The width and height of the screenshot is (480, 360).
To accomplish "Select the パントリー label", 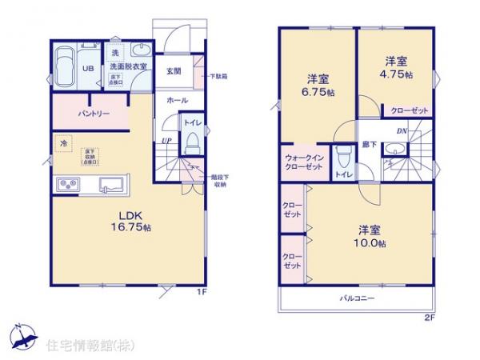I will click(93, 114).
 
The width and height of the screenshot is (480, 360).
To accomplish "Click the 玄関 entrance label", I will click(174, 70).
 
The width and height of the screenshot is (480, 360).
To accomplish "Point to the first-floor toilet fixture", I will click(191, 142).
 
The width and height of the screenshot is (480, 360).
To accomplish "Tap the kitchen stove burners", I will click(67, 185).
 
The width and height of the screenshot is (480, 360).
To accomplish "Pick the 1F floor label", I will click(203, 292).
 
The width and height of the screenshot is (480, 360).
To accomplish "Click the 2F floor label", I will click(429, 317).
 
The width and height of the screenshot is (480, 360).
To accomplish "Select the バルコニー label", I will click(358, 298).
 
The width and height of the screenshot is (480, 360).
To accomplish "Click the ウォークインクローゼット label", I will click(303, 162).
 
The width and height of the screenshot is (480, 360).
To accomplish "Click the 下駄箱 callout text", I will click(218, 77).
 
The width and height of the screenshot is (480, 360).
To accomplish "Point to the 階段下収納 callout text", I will click(220, 181).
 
